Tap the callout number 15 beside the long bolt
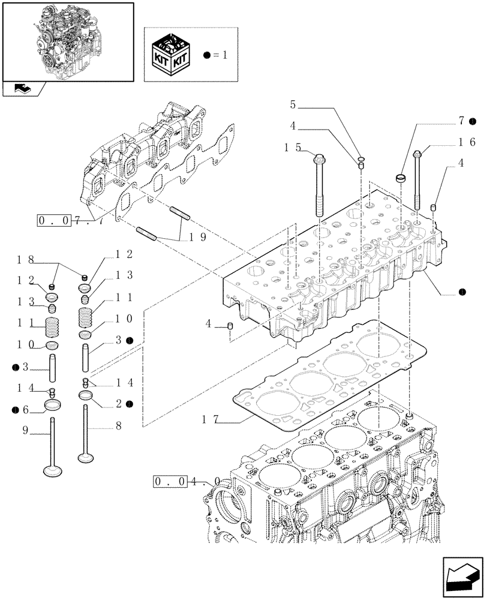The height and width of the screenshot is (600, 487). tap(292, 147)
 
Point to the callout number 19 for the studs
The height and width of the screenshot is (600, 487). tap(199, 237)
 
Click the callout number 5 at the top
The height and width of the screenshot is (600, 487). tap(293, 105)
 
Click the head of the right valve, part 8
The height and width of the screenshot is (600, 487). tap(86, 458)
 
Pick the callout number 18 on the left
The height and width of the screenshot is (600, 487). tap(25, 259)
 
